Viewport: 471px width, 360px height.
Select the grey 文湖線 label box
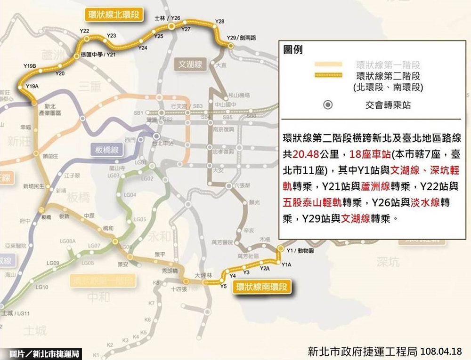coord(190,64)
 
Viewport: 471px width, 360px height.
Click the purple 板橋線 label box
coord(106,150)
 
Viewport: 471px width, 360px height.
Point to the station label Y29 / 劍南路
coord(241,38)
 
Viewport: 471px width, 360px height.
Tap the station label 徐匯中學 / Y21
coord(98,55)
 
